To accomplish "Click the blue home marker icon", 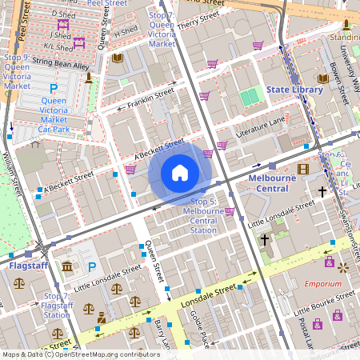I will click(180, 173).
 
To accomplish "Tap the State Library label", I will click(294, 90).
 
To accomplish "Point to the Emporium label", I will click(322, 284).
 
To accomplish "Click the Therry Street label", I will click(198, 21).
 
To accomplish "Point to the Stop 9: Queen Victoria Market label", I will click(18, 71).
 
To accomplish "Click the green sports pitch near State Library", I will click(251, 97).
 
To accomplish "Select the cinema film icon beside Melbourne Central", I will click(302, 168).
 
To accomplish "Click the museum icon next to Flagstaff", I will click(68, 266).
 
